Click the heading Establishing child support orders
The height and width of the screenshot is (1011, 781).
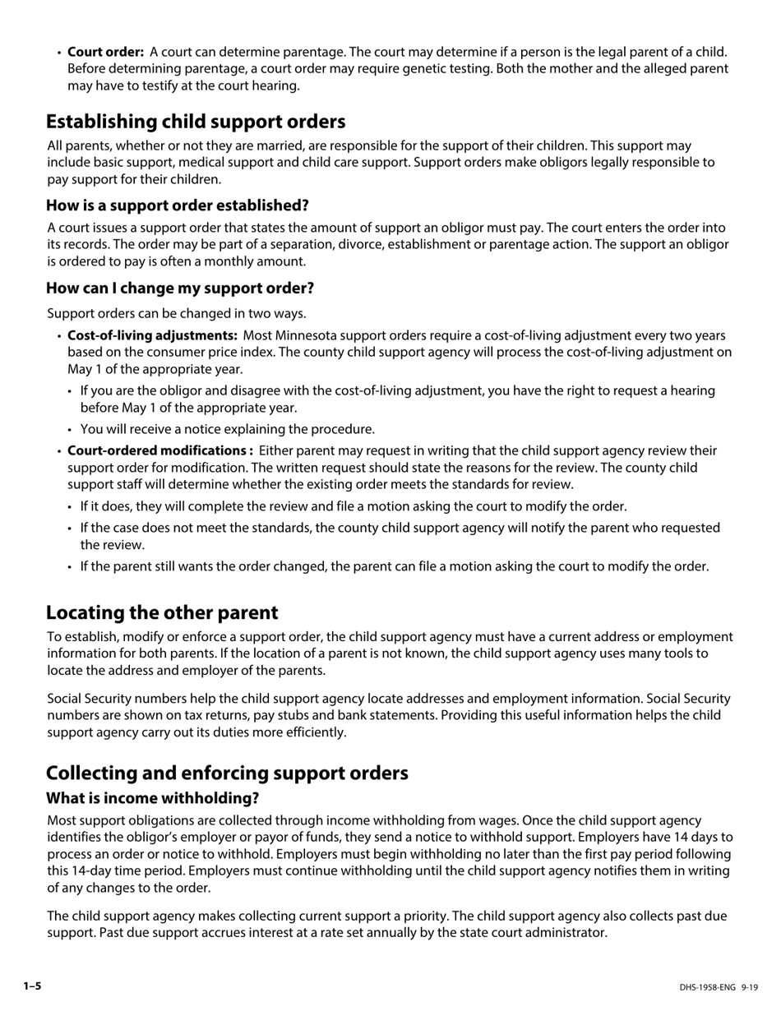click(196, 122)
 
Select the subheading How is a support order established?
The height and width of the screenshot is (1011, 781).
click(177, 205)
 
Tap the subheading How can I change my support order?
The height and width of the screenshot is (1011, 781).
click(180, 288)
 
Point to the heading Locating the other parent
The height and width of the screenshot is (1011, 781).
click(162, 612)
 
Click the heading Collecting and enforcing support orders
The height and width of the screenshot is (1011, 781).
click(227, 773)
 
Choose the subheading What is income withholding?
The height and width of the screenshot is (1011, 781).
click(152, 798)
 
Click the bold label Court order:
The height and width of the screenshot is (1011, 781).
click(105, 52)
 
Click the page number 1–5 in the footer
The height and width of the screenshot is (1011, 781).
click(32, 986)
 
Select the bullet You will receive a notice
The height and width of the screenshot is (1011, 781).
click(227, 429)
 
